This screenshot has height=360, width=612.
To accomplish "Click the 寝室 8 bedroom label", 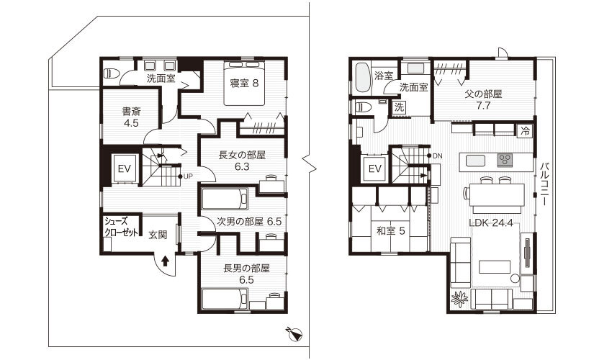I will (x=244, y=84).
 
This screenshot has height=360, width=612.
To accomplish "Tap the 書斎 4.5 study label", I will (x=130, y=117).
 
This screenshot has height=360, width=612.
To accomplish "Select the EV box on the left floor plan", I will (x=124, y=168).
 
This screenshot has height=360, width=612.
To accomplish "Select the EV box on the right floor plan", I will (x=374, y=168).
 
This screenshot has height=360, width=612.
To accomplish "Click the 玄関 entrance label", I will (x=158, y=235).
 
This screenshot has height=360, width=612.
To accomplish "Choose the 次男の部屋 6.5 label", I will (x=249, y=222).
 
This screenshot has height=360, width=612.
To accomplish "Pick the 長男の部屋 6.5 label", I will (x=246, y=274).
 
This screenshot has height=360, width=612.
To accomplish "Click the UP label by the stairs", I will (x=186, y=176).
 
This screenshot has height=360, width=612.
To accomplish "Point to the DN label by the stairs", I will (x=436, y=156).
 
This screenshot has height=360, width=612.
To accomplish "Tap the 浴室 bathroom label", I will (x=384, y=76).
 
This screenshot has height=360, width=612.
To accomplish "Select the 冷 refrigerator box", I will (x=525, y=132).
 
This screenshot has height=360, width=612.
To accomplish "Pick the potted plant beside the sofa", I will (x=458, y=297).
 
